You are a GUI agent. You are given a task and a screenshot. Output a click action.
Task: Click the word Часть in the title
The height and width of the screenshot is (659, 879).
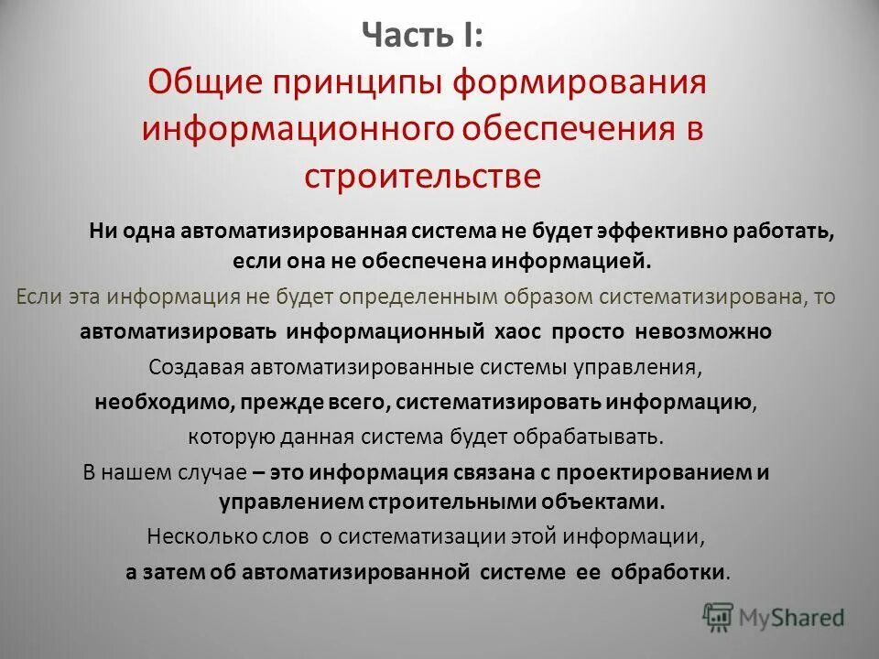[x=397, y=38]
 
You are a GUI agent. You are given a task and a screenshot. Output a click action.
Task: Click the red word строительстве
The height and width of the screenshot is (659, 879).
[x=422, y=174]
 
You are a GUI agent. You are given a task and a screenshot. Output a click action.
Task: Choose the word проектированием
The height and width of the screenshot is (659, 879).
[x=656, y=472]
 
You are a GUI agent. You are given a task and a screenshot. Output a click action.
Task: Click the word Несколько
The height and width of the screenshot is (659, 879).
[x=196, y=535]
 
